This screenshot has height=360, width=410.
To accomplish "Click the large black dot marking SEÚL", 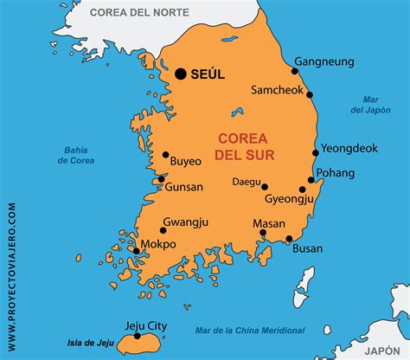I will point(181,74).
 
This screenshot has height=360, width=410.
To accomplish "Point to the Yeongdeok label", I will point(349,148).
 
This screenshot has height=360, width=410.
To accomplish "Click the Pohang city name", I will point(336,172).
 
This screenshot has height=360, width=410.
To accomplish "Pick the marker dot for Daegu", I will point(265,186).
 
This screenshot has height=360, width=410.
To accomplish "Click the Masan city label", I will point(268,223).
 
